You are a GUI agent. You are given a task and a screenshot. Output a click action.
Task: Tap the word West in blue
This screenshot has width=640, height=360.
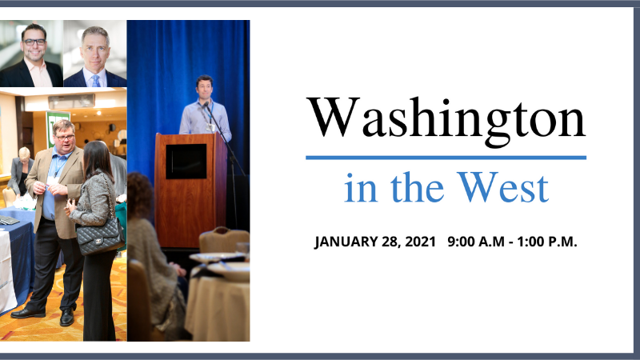coord(503,187)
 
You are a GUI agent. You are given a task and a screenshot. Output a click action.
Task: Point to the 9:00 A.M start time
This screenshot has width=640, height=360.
coord(476,242)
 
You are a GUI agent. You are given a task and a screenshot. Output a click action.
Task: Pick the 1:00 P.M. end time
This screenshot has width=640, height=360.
coord(547,242)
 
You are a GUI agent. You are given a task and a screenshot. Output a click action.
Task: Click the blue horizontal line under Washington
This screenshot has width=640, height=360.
coord(446,158)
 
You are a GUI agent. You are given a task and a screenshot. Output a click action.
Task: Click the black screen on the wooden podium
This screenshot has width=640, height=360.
coord(186,162)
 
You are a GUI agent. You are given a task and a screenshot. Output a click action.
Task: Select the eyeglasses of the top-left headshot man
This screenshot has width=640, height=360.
coord(34,42)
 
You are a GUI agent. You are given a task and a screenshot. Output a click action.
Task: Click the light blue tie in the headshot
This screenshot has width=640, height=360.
coord(96,81)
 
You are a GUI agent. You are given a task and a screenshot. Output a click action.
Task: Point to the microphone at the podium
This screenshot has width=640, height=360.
coord(206,106)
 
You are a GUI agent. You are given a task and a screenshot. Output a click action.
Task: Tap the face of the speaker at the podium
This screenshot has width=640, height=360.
coord(204,87)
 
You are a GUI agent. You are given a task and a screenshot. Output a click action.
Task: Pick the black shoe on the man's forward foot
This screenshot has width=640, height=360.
coord(67,316)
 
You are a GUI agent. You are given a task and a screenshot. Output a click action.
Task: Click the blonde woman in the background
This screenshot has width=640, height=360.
coord(21,170)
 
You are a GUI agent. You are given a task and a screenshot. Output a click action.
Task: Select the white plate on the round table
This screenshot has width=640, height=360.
coord(228,270)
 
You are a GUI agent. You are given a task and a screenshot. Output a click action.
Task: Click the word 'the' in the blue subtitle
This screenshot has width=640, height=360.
coord(417,187)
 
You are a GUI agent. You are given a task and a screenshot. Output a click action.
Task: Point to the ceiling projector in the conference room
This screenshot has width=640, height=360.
coord(71,101)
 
